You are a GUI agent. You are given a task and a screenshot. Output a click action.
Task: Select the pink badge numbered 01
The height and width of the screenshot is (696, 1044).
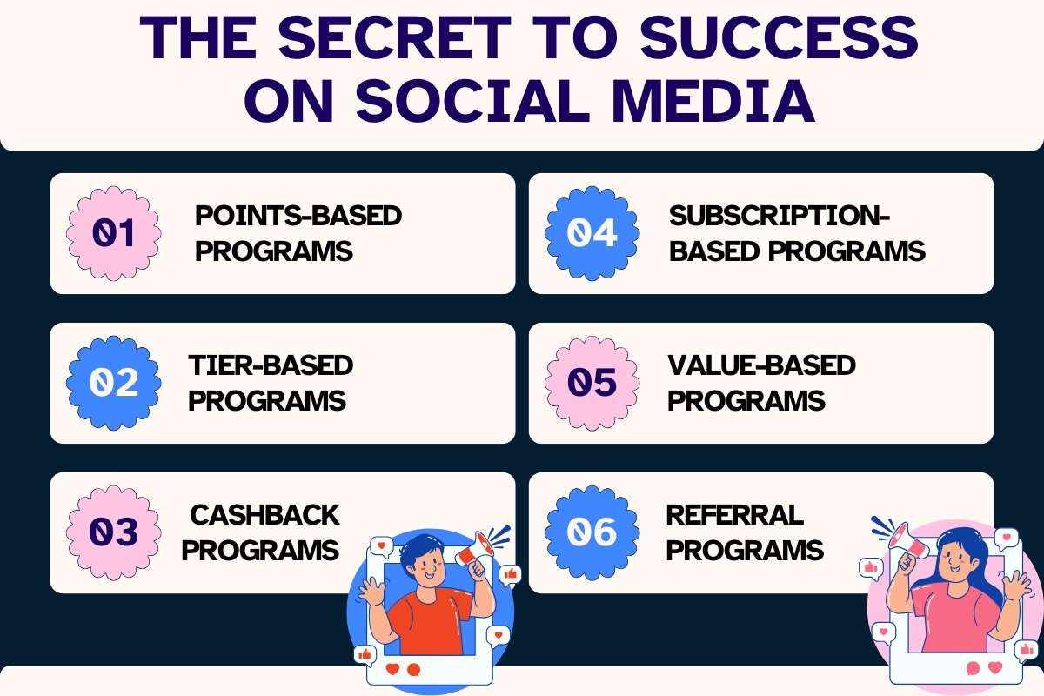pyautogui.click(x=114, y=233)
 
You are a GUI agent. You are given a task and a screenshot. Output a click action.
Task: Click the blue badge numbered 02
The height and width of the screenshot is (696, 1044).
pyautogui.click(x=114, y=383)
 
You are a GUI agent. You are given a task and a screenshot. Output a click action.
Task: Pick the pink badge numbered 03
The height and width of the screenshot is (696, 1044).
pyautogui.click(x=114, y=532)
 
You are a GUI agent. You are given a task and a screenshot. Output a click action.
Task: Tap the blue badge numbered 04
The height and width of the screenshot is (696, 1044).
pyautogui.click(x=592, y=233)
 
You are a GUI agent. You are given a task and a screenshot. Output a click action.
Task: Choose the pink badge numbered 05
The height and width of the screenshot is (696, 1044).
pyautogui.click(x=592, y=383)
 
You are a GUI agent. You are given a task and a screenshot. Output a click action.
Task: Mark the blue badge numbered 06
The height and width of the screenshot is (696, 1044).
pyautogui.click(x=592, y=532)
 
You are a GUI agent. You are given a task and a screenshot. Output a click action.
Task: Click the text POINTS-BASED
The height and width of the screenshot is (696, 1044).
pyautogui.click(x=298, y=215)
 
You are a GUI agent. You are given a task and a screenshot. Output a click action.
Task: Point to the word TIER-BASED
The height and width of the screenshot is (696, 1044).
pyautogui.click(x=271, y=365)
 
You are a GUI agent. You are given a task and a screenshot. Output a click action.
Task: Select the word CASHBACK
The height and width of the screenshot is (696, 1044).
pyautogui.click(x=264, y=514)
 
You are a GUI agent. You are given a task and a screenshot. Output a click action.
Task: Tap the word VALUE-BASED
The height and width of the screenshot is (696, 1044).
pyautogui.click(x=762, y=365)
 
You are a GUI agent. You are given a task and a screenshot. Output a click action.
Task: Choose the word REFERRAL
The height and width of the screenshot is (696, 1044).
pyautogui.click(x=734, y=514)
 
